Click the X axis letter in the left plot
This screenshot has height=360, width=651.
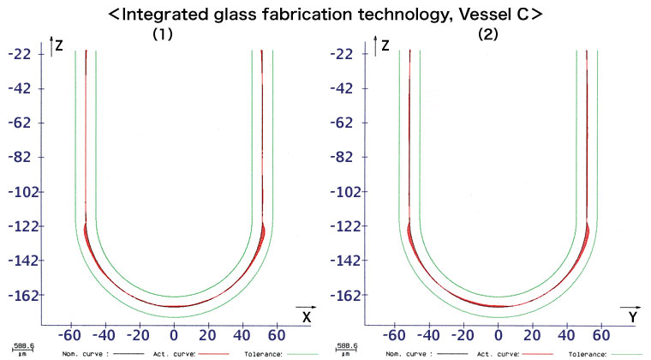[306, 318]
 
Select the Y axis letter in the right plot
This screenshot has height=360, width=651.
[631, 318]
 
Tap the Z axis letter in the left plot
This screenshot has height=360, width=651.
[60, 45]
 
